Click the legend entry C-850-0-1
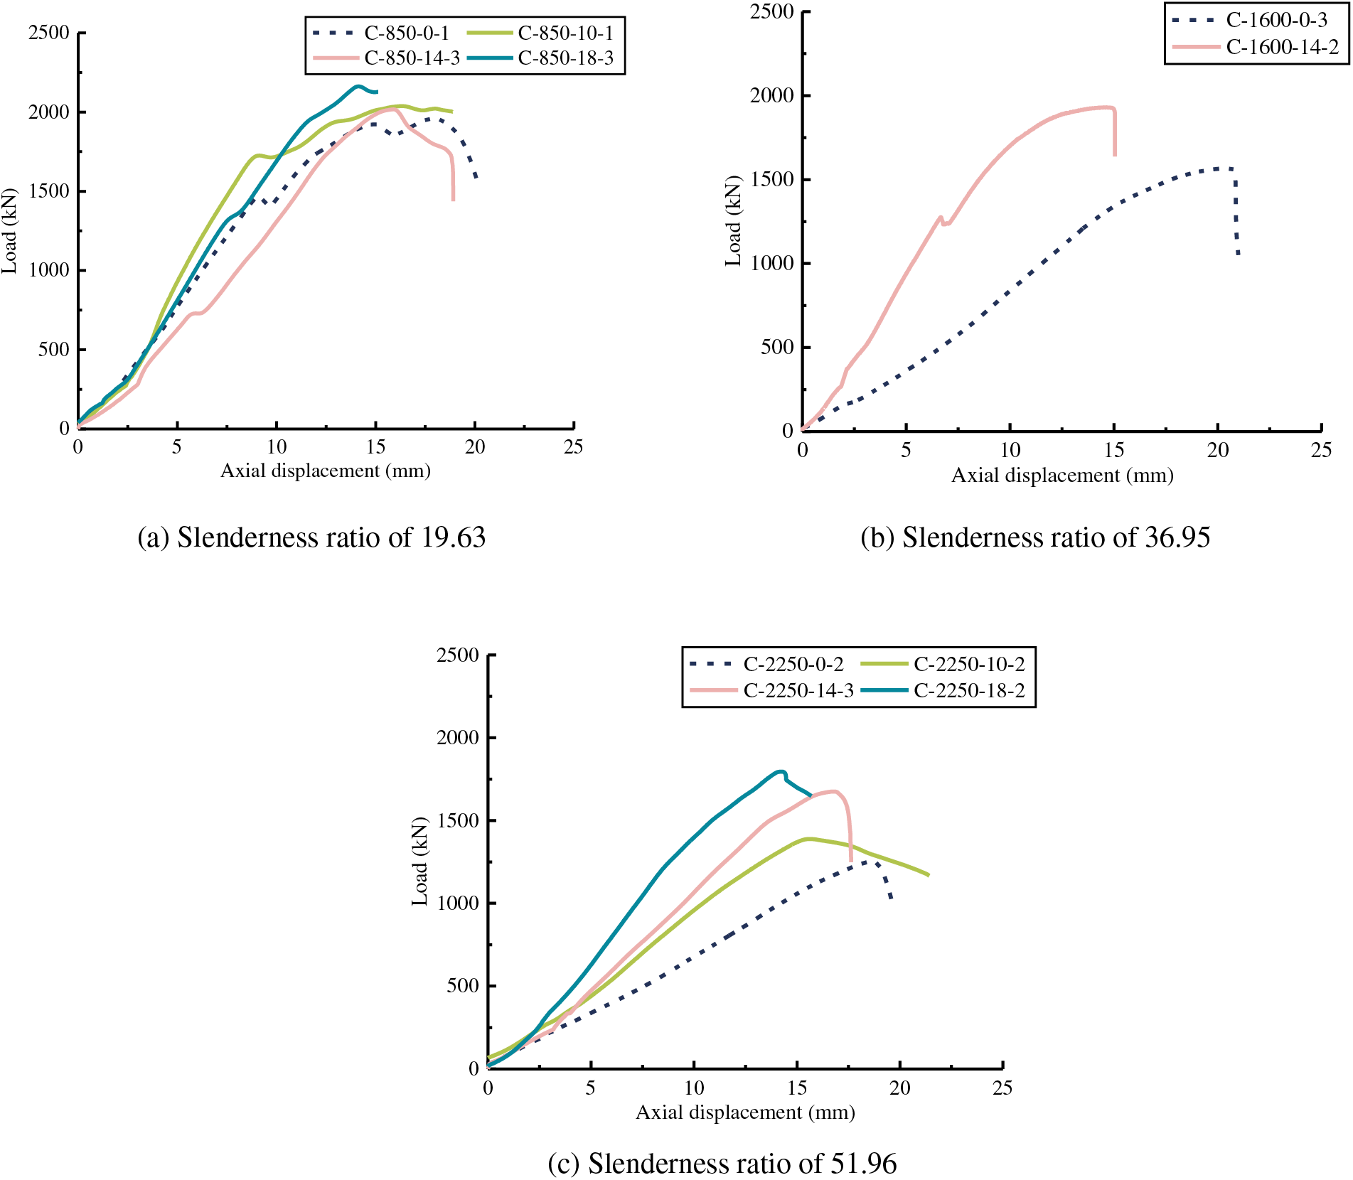point(406,33)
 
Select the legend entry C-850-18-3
point(565,58)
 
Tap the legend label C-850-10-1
point(565,33)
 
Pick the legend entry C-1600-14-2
point(1282,47)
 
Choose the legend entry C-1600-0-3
point(1276,20)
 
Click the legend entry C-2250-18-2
point(969,690)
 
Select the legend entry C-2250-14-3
point(798,690)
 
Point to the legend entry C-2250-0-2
point(793,664)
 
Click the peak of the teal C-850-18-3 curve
point(358,87)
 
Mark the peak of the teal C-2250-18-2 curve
point(781,771)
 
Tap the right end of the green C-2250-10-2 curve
point(928,874)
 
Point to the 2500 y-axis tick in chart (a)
point(49,33)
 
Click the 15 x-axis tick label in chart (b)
point(1114,450)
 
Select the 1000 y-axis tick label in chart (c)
point(458,903)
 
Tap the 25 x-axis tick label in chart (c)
point(1002,1088)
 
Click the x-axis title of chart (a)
point(326,471)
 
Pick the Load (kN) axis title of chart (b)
point(733,220)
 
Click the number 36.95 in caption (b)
point(1177,537)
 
